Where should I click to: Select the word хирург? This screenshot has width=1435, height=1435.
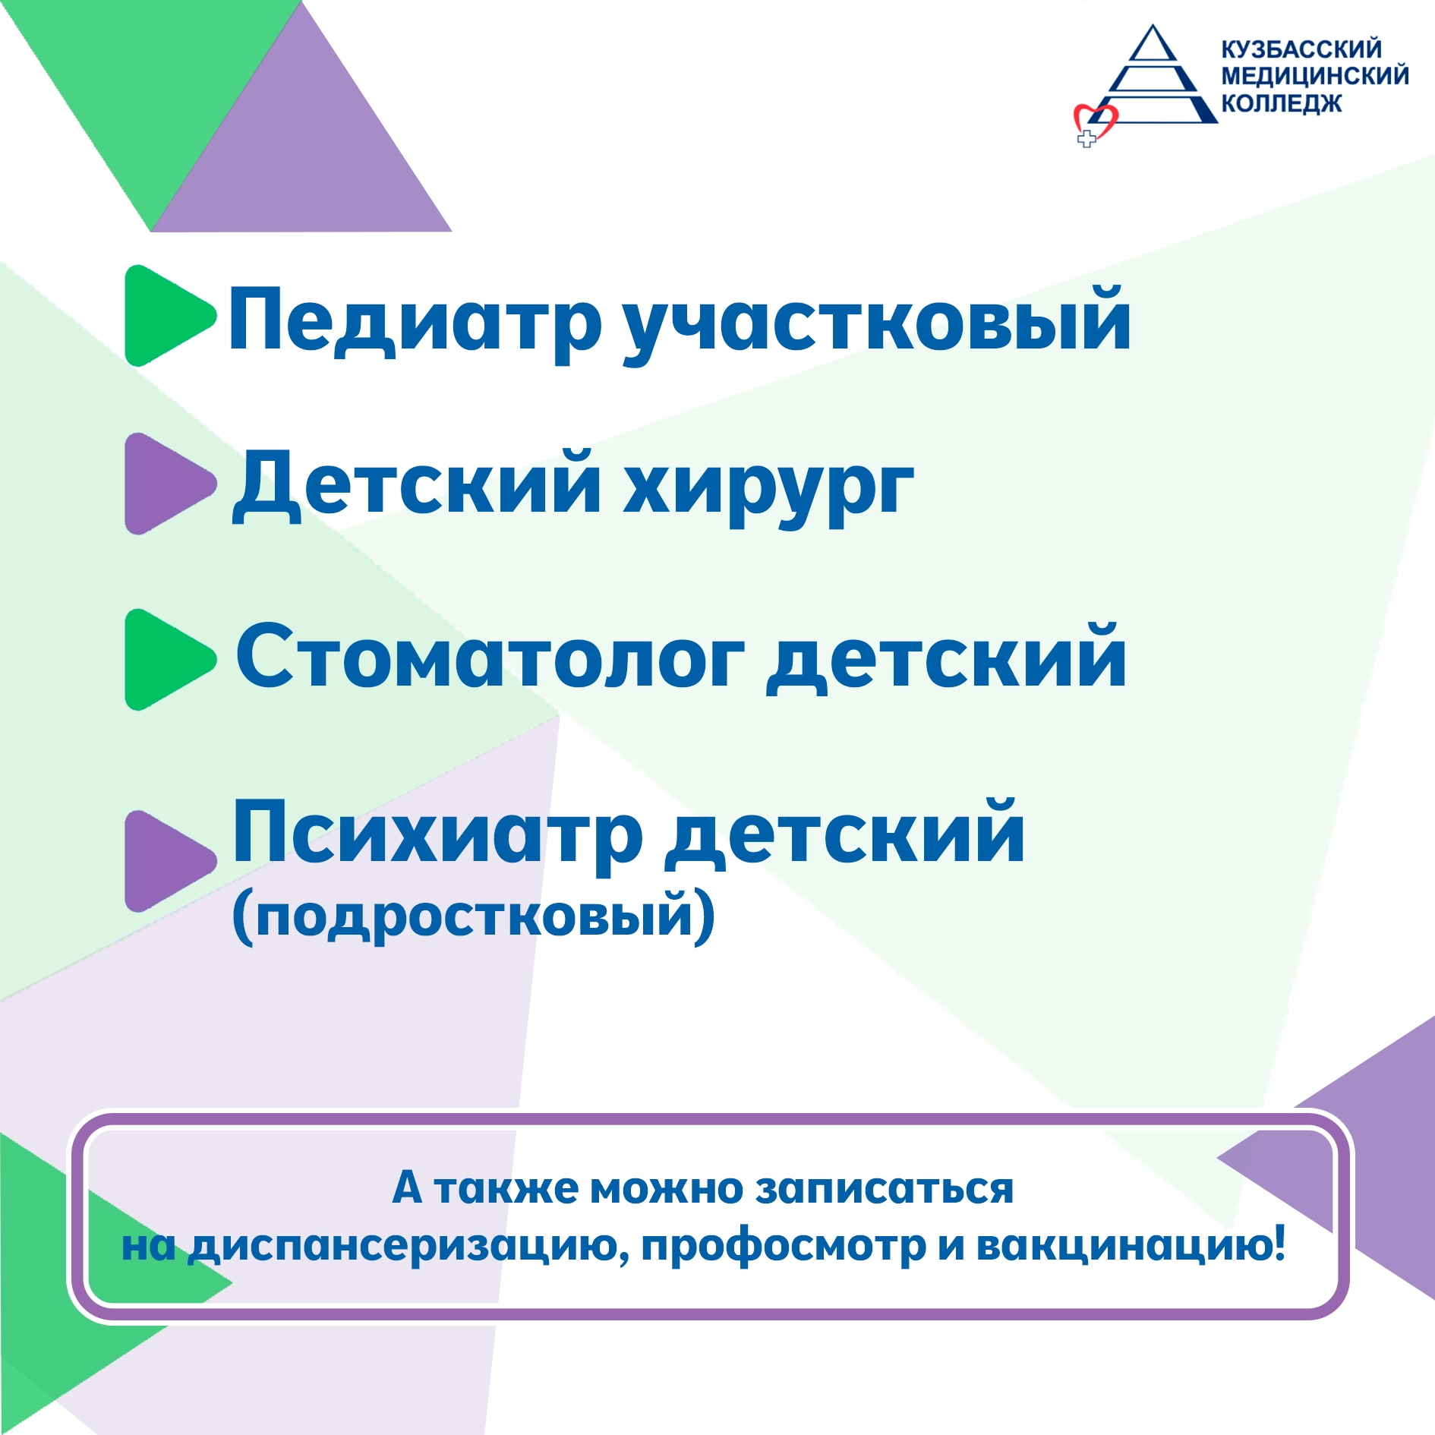(768, 489)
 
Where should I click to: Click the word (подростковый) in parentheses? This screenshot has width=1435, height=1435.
(473, 916)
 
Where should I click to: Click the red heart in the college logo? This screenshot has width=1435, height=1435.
(1096, 121)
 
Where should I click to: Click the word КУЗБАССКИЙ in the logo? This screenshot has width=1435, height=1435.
(1301, 49)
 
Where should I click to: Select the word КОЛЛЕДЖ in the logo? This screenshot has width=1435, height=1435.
(1282, 102)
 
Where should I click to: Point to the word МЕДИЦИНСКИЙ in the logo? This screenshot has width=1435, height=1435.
(1315, 76)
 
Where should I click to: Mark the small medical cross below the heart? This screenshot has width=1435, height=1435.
(1087, 139)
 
